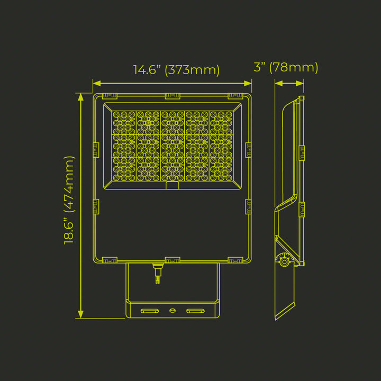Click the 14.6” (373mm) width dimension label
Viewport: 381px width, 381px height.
coord(176,70)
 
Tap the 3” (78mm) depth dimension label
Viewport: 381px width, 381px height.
coord(286,67)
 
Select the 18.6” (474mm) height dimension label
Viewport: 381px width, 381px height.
coord(69,200)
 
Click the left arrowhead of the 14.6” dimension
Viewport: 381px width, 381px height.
coord(97,84)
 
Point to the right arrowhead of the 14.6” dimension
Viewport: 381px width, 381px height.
coord(248,84)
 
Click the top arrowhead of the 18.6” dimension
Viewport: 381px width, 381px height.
coord(80,97)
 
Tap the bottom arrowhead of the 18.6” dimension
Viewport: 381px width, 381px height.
coord(80,314)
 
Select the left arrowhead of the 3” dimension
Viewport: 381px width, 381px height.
coord(279,84)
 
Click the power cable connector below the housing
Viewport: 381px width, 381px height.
coord(158,273)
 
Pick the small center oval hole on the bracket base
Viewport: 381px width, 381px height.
coord(173,310)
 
